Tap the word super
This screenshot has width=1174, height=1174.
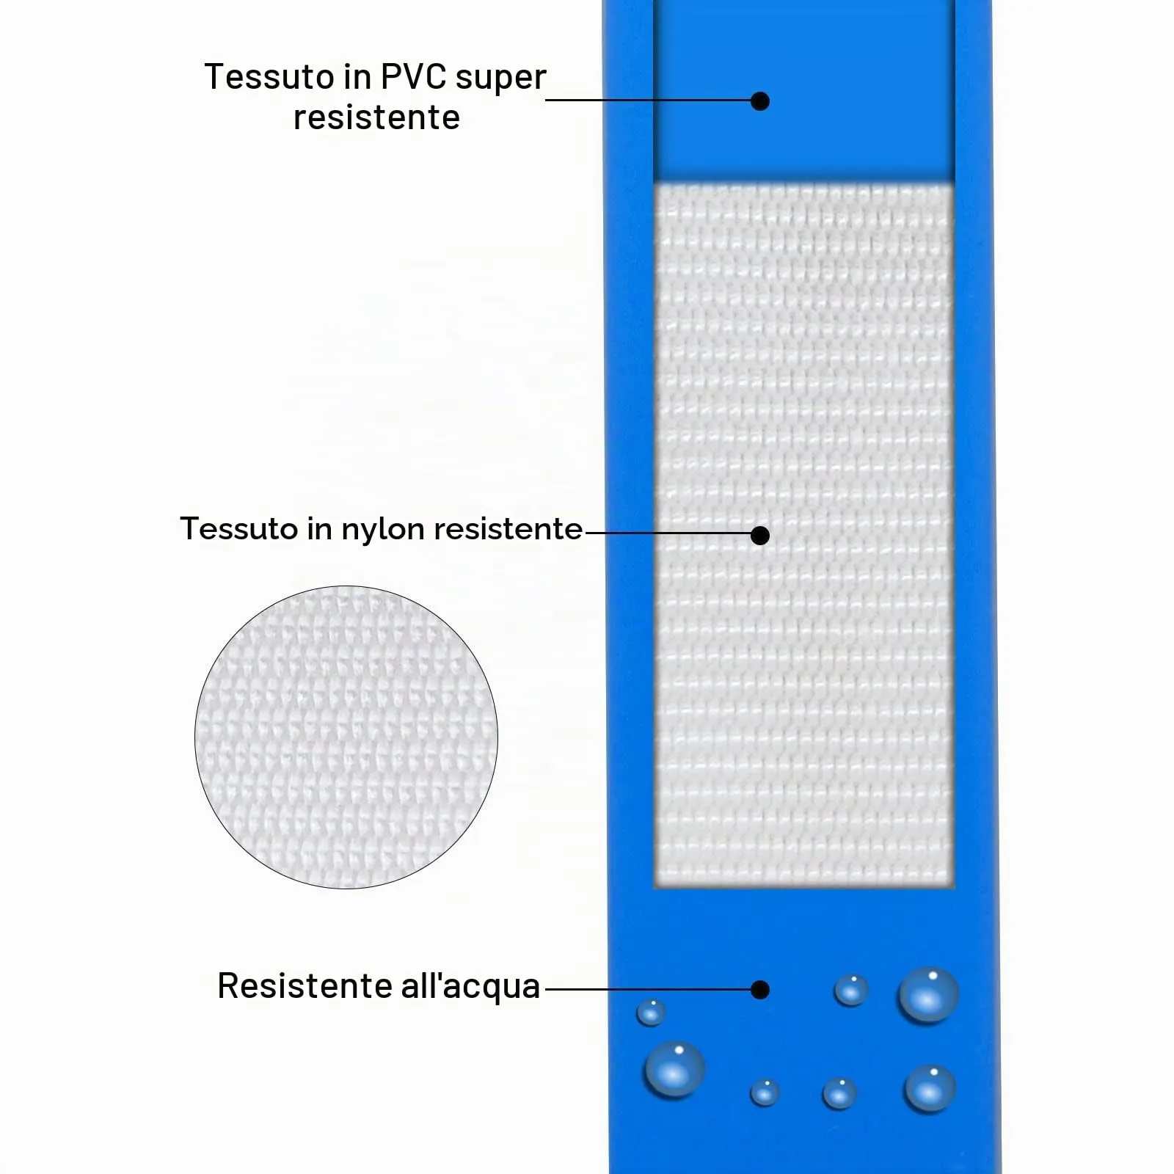point(500,79)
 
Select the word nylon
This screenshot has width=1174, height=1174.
point(383,530)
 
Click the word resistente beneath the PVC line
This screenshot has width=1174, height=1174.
point(376,117)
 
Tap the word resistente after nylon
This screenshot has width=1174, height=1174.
point(508,528)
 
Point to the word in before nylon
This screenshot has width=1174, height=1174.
point(318,528)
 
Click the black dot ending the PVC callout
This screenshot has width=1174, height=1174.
point(760,101)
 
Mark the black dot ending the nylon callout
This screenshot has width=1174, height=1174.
point(760,536)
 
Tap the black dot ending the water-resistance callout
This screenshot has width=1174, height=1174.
point(760,990)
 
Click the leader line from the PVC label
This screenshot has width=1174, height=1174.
point(649,101)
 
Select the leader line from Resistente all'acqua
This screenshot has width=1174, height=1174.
point(649,989)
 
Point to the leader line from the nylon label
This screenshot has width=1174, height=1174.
point(668,533)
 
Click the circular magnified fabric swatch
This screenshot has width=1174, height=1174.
point(346,737)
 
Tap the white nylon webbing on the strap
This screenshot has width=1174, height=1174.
point(804,536)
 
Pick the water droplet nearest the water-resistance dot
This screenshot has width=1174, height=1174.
point(851,990)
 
